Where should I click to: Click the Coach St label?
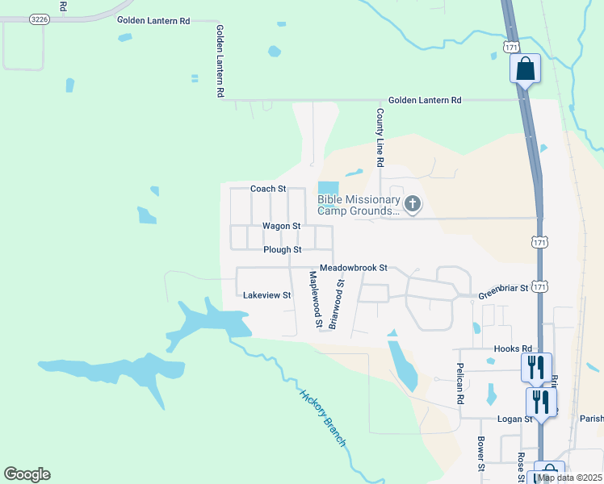(x=268, y=189)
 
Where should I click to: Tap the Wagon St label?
(x=280, y=226)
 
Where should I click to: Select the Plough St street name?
(x=283, y=250)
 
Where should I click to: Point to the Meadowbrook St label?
(x=354, y=267)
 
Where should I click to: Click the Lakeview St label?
(x=266, y=295)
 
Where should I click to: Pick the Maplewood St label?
(x=315, y=299)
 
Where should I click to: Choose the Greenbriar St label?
(x=502, y=287)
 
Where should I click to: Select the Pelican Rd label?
(x=459, y=388)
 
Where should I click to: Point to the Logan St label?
(x=514, y=419)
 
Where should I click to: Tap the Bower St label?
(x=480, y=455)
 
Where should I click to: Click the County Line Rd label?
(x=379, y=138)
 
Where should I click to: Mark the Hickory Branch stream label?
(x=323, y=418)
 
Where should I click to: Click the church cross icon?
(x=413, y=204)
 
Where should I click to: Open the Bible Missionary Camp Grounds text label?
(x=359, y=205)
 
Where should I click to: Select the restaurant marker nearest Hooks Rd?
(x=536, y=367)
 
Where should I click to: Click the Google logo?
(x=27, y=474)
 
